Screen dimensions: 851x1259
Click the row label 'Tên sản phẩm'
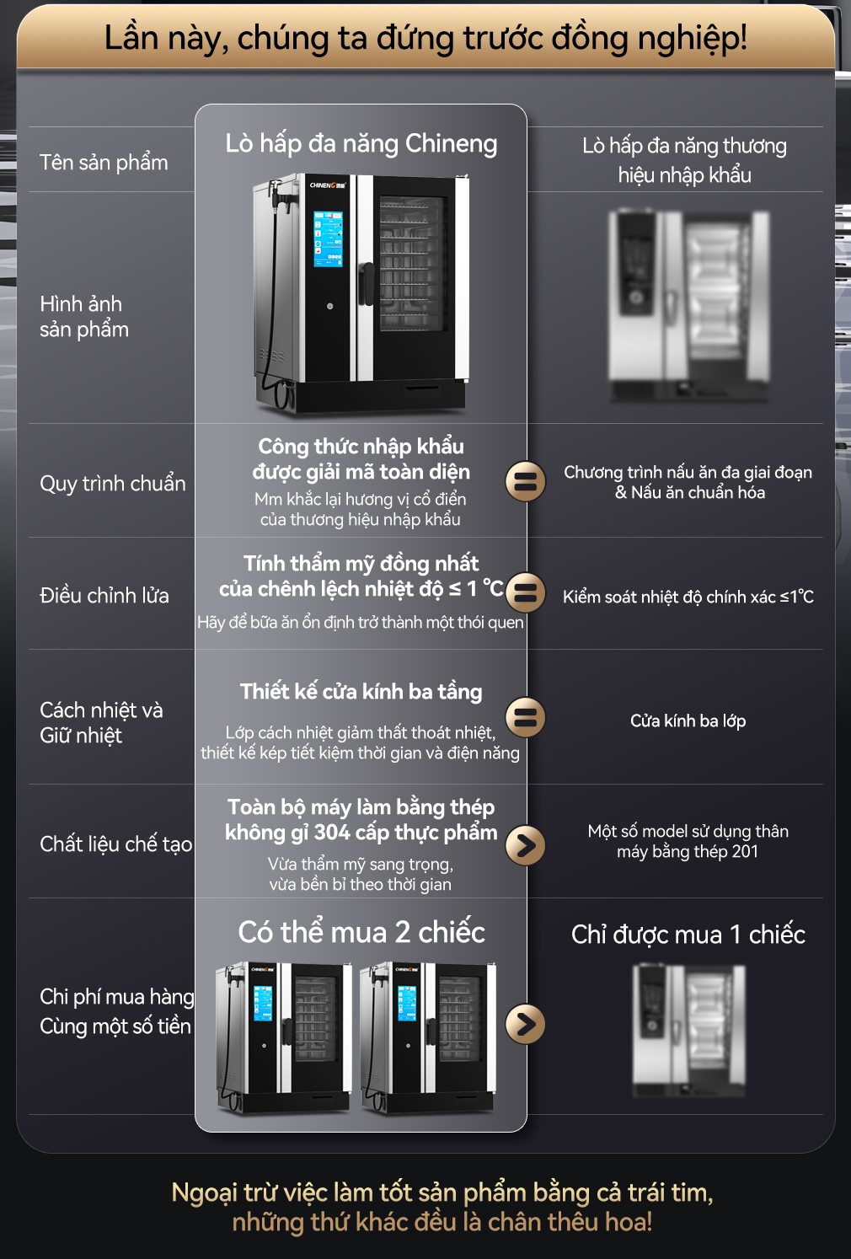[104, 163]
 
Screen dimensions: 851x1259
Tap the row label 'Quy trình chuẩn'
[112, 484]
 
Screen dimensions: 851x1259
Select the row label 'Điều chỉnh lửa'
[104, 595]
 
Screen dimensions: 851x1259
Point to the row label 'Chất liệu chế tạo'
[116, 844]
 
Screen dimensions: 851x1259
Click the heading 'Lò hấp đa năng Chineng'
[361, 144]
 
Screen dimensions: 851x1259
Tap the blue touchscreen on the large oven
[328, 238]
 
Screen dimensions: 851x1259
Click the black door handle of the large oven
[367, 284]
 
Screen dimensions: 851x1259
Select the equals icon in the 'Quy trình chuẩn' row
[526, 482]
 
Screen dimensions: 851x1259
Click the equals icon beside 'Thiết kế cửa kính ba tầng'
[526, 718]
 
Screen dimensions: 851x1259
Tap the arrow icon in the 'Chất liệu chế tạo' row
[526, 845]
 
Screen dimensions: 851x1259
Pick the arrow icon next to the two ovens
[526, 1024]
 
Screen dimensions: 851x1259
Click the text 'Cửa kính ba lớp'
[688, 721]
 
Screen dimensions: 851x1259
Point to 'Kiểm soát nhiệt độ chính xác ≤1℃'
[688, 597]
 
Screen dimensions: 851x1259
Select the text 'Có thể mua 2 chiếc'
[361, 932]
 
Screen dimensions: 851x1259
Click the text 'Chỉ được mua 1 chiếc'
[688, 935]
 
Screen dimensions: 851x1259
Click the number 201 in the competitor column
[746, 851]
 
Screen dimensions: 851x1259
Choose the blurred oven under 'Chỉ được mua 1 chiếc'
[689, 1031]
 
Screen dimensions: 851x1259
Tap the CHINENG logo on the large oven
[328, 185]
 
